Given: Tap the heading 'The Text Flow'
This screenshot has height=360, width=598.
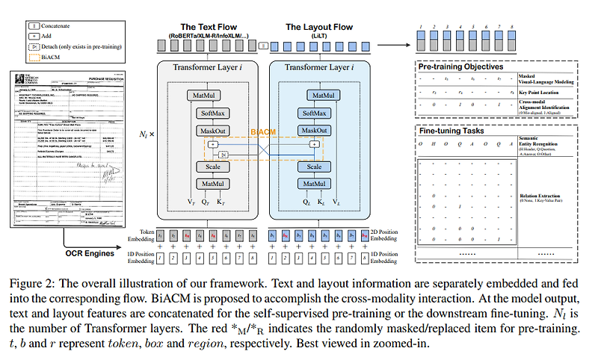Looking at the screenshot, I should point(204,27).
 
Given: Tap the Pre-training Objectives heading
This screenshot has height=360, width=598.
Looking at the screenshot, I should point(460,66).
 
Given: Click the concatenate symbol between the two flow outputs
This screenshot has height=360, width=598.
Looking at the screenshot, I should point(262,46).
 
